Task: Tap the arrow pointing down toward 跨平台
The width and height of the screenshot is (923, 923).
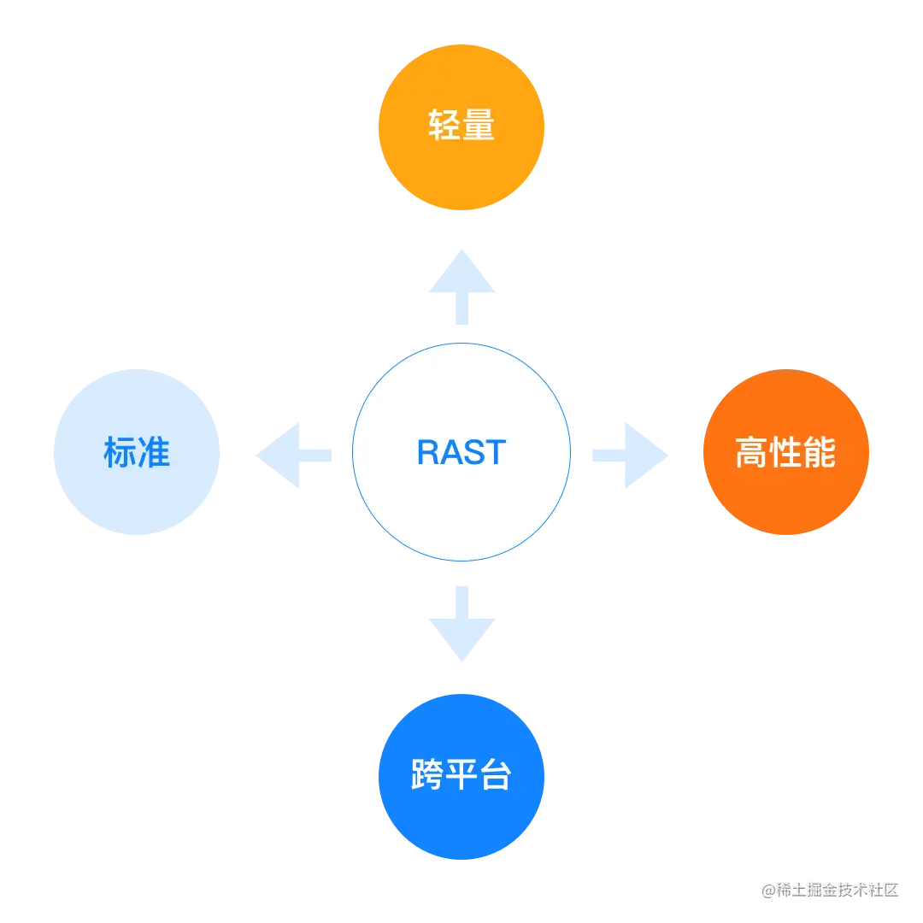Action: [461, 623]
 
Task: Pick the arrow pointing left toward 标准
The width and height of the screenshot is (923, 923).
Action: [293, 455]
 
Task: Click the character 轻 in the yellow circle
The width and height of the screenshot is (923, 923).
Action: [444, 126]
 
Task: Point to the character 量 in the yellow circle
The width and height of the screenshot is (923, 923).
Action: [479, 126]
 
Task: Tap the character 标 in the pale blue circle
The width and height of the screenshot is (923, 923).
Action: [121, 452]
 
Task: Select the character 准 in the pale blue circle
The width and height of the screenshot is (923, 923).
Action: [155, 452]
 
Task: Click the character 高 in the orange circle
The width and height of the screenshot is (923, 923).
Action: [752, 453]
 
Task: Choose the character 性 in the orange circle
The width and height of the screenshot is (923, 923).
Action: [785, 453]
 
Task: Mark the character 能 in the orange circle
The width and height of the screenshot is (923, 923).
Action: [819, 453]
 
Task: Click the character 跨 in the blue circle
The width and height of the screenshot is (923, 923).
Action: [427, 775]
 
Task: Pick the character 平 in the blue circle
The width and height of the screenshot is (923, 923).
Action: [461, 775]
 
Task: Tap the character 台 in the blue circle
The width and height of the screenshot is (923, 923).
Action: [495, 775]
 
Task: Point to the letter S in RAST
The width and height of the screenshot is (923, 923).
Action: [474, 452]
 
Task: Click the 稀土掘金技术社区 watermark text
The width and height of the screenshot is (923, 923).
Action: [837, 888]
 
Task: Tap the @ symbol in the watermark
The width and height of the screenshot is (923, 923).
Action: [767, 888]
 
